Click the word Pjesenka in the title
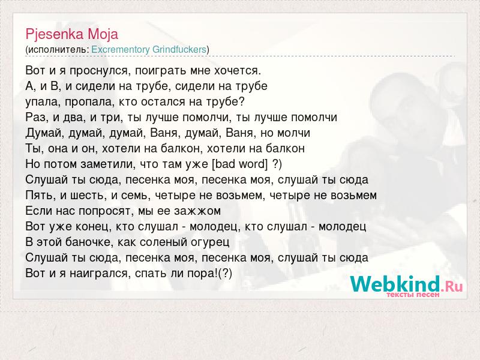point(55,34)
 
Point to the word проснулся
point(100,71)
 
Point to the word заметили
point(108,164)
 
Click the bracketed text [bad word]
point(239,164)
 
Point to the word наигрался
point(100,274)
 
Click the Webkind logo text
point(406,284)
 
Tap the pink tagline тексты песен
point(413,295)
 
